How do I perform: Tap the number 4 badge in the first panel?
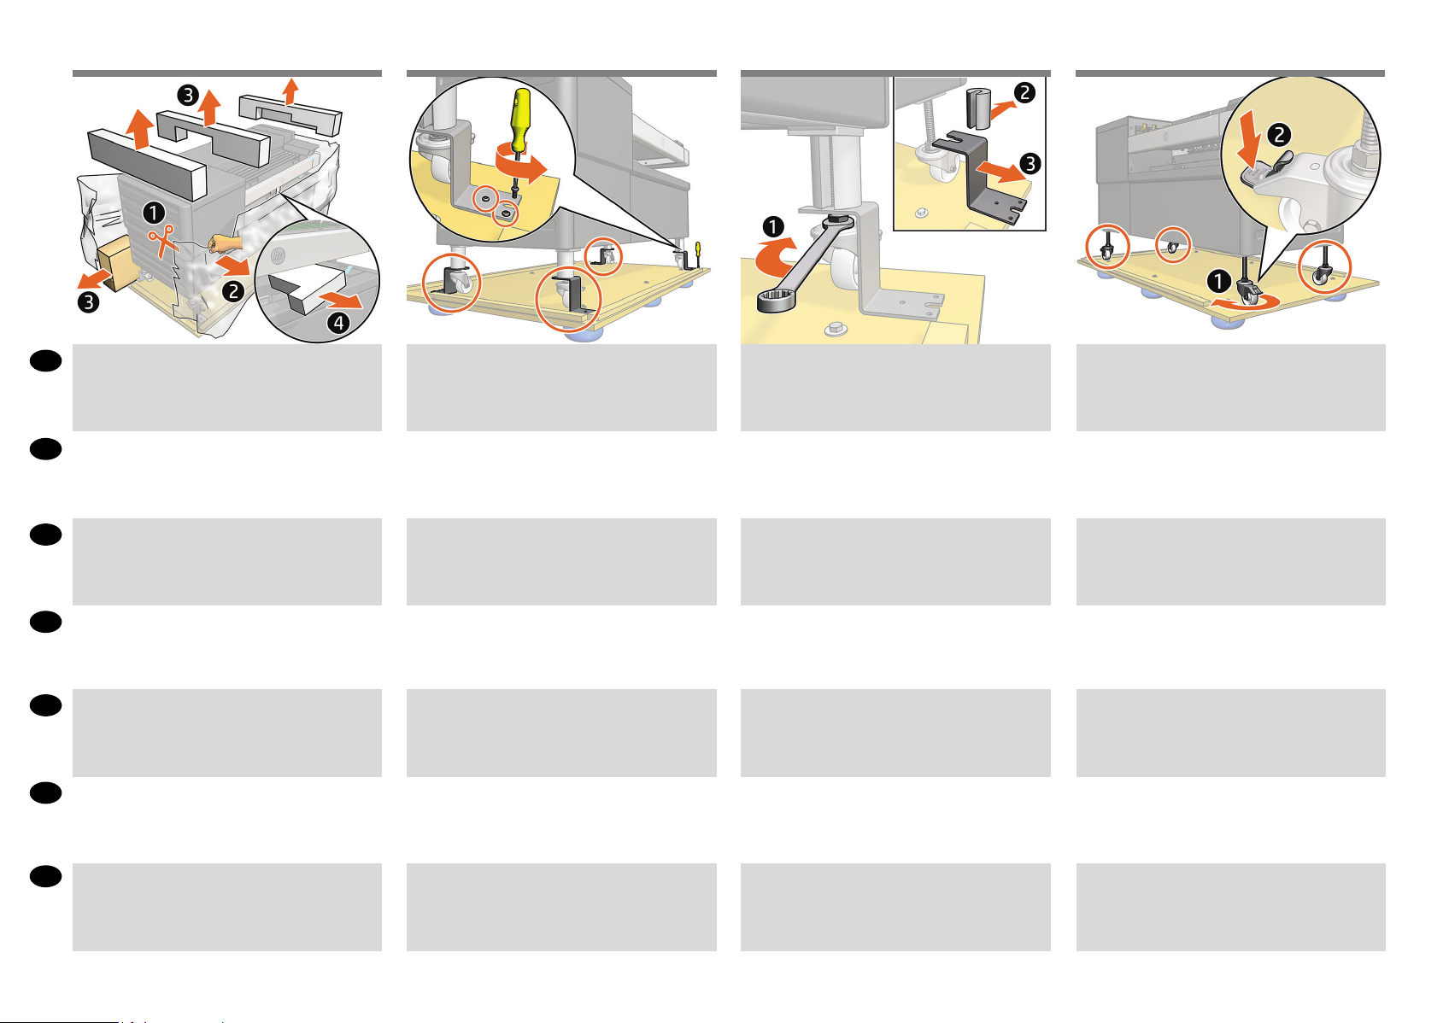click(x=338, y=322)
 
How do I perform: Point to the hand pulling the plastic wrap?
click(x=226, y=243)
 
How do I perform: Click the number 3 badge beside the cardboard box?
click(x=89, y=302)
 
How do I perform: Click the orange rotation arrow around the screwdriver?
click(x=520, y=164)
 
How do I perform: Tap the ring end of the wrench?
click(x=775, y=301)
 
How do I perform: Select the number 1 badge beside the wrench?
click(x=773, y=227)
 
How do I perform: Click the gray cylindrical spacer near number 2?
click(x=979, y=109)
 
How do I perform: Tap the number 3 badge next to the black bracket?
click(x=1030, y=163)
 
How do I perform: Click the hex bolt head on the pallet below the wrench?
click(x=836, y=329)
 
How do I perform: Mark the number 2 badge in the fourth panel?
click(x=1279, y=135)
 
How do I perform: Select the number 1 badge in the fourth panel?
click(x=1218, y=281)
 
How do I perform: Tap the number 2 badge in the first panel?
click(x=233, y=292)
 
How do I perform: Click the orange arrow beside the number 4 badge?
click(x=341, y=298)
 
